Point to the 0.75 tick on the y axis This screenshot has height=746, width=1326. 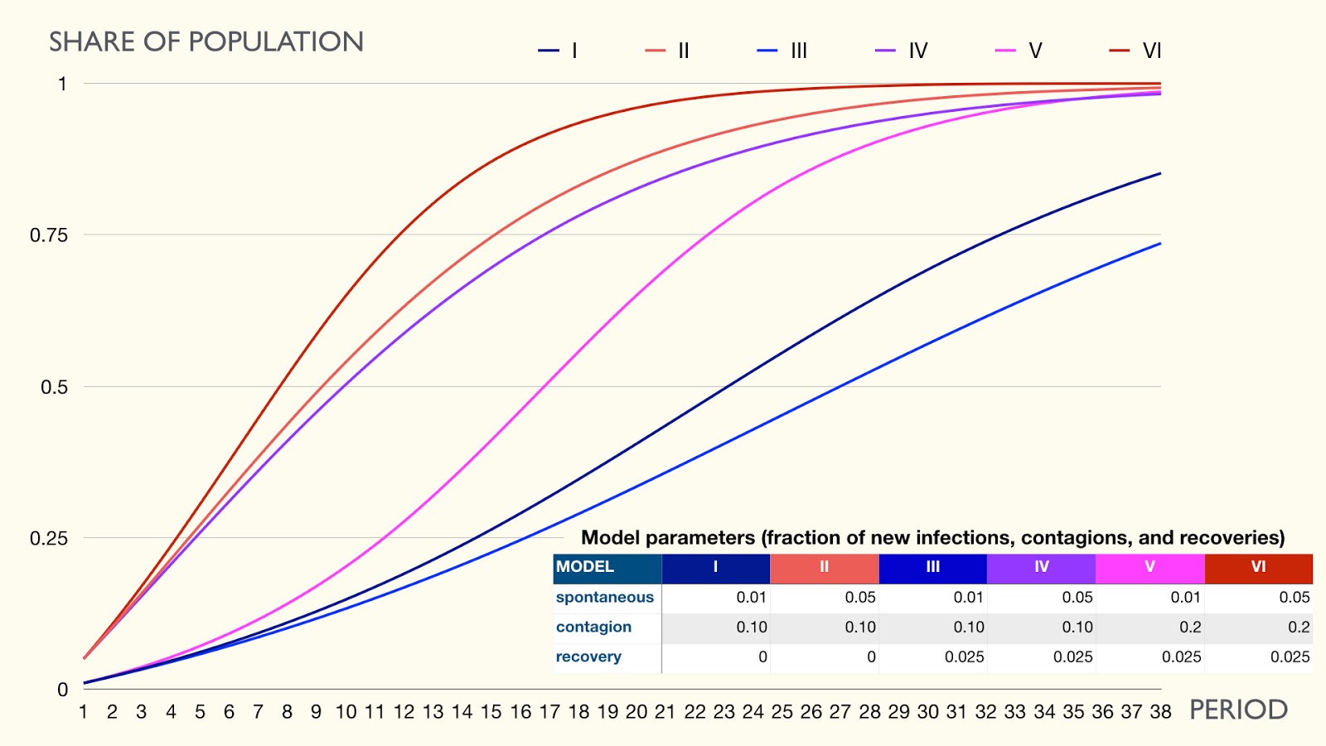49,235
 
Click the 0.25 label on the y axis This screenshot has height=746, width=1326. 49,539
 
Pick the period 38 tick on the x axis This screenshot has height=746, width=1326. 1160,711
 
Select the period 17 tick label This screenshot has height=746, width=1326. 549,711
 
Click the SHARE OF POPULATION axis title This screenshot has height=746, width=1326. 206,41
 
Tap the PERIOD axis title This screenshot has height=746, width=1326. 1238,710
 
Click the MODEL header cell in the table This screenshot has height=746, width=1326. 585,567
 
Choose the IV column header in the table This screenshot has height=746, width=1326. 1042,567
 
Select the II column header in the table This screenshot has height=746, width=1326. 824,567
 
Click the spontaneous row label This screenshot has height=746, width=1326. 605,597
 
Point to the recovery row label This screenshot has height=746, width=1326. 588,656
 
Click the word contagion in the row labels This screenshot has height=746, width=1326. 593,627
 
